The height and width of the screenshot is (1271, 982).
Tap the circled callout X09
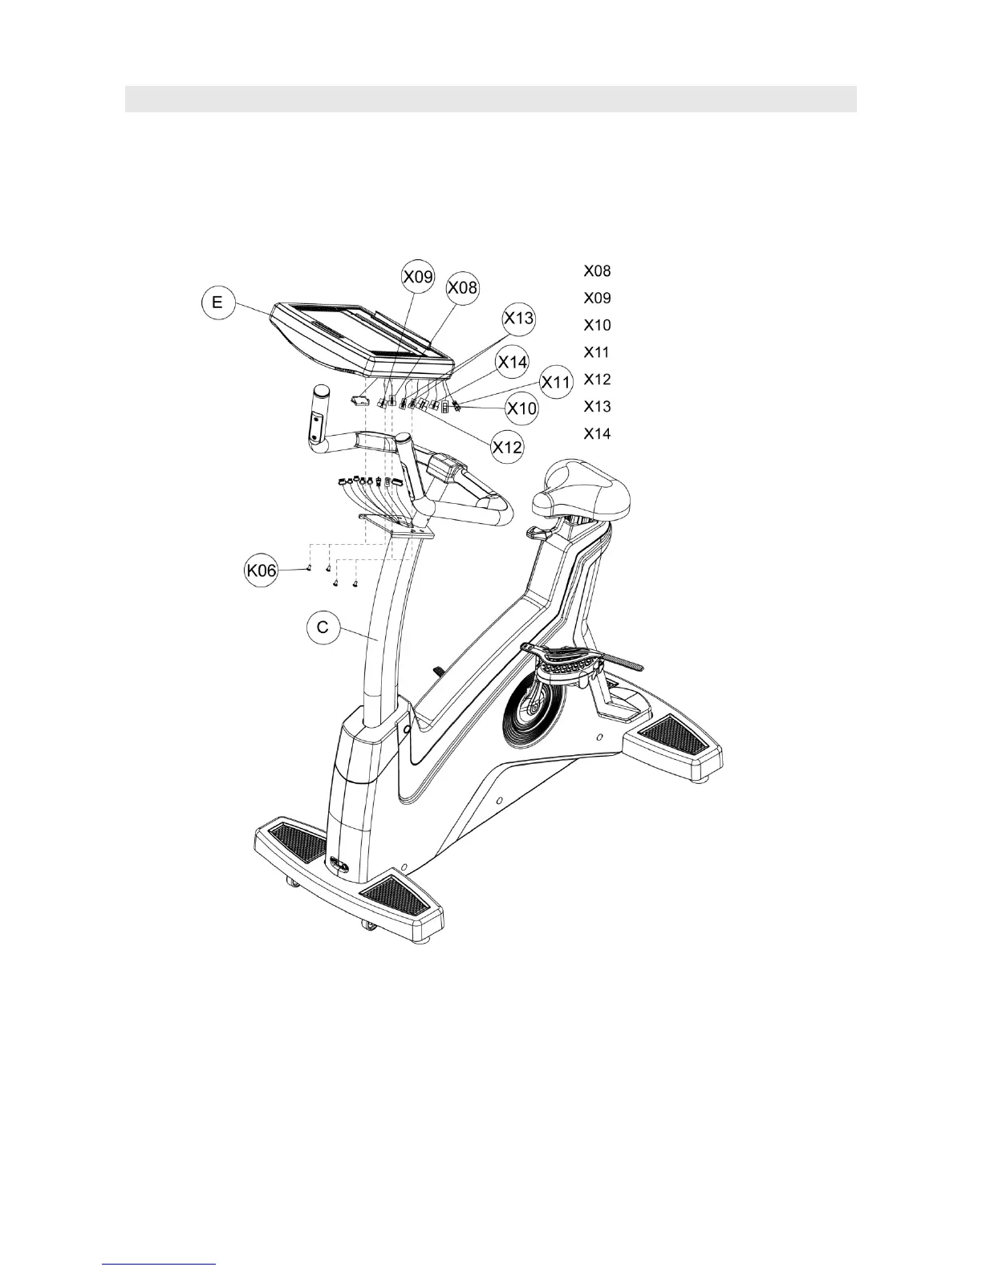pyautogui.click(x=418, y=277)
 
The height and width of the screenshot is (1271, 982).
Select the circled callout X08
pyautogui.click(x=462, y=286)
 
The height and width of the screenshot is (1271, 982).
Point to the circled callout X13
pyautogui.click(x=518, y=319)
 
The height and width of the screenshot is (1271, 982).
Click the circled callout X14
pyautogui.click(x=512, y=362)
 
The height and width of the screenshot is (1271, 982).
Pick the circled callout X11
pyautogui.click(x=554, y=382)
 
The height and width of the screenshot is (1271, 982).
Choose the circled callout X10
pyautogui.click(x=522, y=408)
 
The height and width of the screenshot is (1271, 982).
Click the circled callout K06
pyautogui.click(x=261, y=571)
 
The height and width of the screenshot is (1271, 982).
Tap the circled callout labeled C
pyautogui.click(x=323, y=627)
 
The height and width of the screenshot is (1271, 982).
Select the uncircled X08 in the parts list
pyautogui.click(x=597, y=271)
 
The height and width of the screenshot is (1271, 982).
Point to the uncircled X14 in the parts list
pyautogui.click(x=597, y=434)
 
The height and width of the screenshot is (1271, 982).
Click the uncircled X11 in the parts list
pyautogui.click(x=597, y=352)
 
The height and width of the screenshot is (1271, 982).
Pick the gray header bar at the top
pyautogui.click(x=490, y=99)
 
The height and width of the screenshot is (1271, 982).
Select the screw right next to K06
pyautogui.click(x=309, y=568)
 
